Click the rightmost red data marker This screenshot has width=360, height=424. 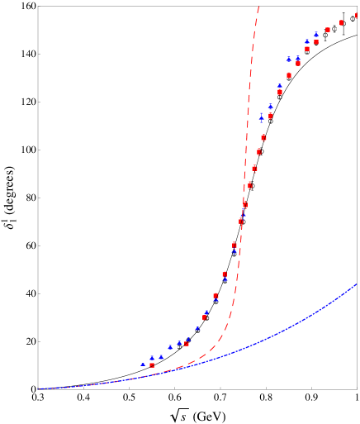(357, 16)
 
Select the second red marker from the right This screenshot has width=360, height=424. (341, 22)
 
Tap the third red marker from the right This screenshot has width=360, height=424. (328, 30)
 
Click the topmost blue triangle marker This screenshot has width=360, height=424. (316, 35)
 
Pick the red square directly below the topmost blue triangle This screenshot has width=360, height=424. (316, 41)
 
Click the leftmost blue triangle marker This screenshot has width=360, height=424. (143, 364)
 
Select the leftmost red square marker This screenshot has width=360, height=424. (152, 364)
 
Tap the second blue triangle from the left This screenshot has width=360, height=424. (152, 358)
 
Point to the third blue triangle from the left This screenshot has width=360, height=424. (161, 357)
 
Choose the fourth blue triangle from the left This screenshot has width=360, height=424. (170, 347)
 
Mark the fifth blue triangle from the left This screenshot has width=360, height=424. (179, 342)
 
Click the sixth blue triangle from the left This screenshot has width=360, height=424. (188, 339)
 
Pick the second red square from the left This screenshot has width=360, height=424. (187, 344)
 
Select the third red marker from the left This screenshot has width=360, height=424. (205, 317)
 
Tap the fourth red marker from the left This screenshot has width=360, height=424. (216, 295)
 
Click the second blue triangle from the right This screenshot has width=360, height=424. (307, 41)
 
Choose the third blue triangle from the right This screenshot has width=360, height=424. (298, 59)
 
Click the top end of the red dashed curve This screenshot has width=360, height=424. (258, 7)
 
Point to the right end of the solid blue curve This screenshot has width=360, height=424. (357, 283)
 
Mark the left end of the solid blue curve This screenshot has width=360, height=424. (38, 388)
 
